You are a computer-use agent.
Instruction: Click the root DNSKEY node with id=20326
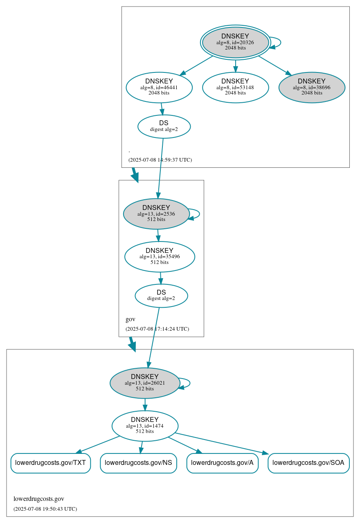(235, 42)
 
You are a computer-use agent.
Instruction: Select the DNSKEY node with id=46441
(159, 87)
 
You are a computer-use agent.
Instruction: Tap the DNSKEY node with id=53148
(235, 87)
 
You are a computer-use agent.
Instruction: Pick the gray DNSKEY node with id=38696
(312, 87)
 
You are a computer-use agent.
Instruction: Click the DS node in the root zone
(164, 126)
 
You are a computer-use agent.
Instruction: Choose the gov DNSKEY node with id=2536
(156, 214)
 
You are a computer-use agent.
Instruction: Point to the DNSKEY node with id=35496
(160, 257)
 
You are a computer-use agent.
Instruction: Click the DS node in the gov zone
(161, 295)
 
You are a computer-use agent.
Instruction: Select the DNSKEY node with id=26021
(145, 383)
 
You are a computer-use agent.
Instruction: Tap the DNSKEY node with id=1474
(145, 426)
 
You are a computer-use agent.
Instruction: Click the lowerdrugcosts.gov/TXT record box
(50, 463)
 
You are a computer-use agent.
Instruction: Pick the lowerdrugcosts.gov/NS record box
(138, 463)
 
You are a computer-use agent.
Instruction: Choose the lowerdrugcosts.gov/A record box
(222, 463)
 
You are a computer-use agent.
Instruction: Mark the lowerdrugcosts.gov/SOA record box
(308, 463)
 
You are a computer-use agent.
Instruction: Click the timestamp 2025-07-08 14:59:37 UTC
(160, 160)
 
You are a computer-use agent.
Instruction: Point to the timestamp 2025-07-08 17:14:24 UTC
(157, 329)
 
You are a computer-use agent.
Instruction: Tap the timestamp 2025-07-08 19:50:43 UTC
(45, 509)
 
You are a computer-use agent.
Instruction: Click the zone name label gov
(130, 319)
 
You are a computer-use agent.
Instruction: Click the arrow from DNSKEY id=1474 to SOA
(221, 443)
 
